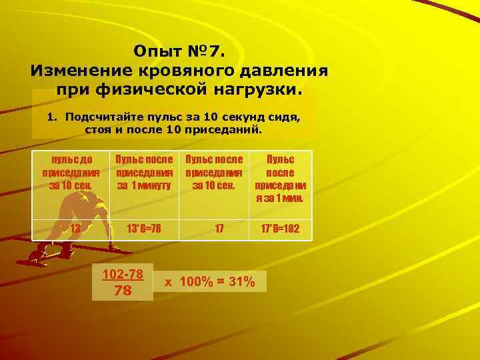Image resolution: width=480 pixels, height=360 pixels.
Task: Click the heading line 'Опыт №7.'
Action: [x=179, y=51]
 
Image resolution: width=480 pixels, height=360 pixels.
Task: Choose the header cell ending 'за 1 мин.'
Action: [x=281, y=178]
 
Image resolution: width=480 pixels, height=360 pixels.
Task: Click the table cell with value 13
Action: [x=75, y=228]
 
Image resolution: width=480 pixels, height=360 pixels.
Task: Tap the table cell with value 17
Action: [x=219, y=228]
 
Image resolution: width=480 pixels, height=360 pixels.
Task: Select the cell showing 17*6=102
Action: [x=280, y=228]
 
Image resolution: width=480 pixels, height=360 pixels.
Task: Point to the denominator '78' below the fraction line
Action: [x=123, y=291]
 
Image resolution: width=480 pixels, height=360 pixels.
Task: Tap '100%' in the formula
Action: [x=193, y=282]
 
